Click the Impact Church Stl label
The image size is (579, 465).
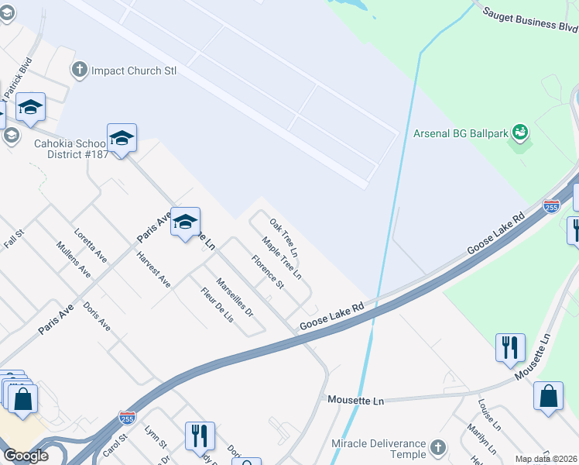134,71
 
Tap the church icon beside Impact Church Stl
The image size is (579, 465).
78,71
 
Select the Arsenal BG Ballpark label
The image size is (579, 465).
461,133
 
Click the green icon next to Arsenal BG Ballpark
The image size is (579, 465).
520,133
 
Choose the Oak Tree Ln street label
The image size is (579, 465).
283,237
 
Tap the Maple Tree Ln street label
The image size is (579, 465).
281,258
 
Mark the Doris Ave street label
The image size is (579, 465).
97,316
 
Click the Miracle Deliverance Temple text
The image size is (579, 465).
379,448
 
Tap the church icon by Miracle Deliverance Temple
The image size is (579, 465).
438,448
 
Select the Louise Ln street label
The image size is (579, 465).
490,415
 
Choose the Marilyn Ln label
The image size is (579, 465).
478,439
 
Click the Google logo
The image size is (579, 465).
25,456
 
